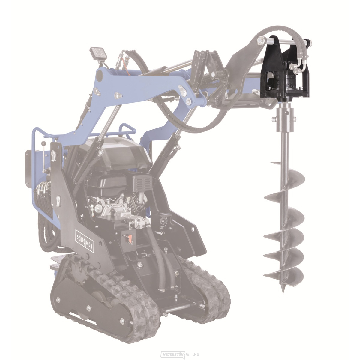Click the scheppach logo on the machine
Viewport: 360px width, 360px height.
tap(84, 241)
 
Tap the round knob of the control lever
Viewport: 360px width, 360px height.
tap(44, 143)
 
